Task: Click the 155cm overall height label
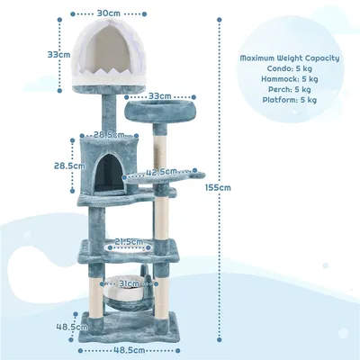pos(218,188)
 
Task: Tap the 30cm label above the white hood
pos(109,13)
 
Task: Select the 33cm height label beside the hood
pos(58,55)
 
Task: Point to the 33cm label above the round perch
pos(160,96)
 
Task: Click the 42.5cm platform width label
pos(161,172)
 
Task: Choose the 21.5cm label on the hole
pos(129,241)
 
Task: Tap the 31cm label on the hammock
pos(129,283)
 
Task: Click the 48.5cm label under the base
pos(129,350)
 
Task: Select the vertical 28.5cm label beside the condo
pos(69,166)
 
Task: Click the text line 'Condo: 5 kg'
pos(290,68)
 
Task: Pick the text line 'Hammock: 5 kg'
pos(290,79)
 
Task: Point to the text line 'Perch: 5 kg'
pos(290,89)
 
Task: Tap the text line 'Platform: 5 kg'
pos(290,100)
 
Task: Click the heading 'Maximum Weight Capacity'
pos(290,58)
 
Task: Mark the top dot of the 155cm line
pos(220,20)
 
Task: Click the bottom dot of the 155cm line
pos(220,340)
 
